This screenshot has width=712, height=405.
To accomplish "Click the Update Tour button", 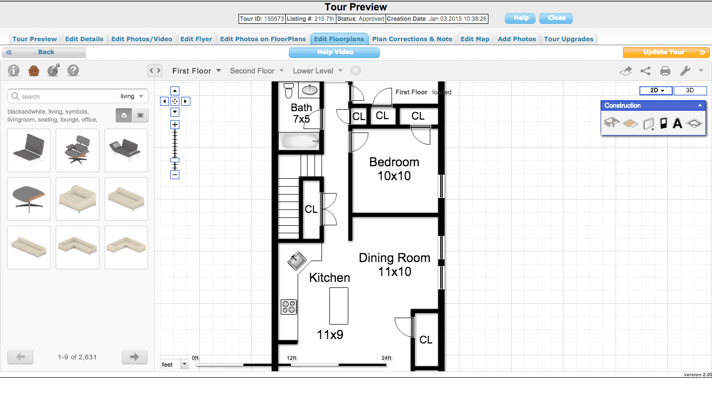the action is coord(666,53).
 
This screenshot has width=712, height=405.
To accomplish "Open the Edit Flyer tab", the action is coord(196,39).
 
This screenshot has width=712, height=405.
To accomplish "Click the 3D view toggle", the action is coord(690,90).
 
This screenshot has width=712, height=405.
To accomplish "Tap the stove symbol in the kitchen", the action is coord(289,307).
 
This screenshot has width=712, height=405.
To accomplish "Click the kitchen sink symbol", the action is coord(297,261).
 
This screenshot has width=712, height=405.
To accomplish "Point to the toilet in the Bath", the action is coord(289,91).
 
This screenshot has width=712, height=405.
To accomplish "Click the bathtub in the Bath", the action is coord(299,141).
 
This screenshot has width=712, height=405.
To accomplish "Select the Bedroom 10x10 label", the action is coord(394,169).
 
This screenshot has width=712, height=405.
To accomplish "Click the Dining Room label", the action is coord(395,258).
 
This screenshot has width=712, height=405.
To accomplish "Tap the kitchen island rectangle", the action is coord(339,306).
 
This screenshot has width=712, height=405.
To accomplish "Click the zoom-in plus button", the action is coord(175,125).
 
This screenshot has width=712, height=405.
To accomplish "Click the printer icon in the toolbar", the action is coord(665,71).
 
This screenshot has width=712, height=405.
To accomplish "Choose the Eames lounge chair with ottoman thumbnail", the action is coord(77,150).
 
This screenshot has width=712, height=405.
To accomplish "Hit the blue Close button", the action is coord(556,18).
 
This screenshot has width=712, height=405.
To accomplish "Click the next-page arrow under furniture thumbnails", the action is coord(135,357).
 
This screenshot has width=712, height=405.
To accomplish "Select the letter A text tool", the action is coord(677,123).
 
